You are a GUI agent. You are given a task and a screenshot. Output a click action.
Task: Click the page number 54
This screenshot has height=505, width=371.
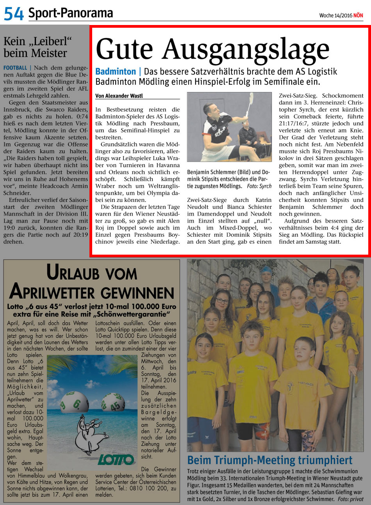pyautogui.click(x=14, y=14)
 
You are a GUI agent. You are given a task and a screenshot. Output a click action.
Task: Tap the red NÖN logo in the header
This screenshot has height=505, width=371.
pyautogui.click(x=358, y=16)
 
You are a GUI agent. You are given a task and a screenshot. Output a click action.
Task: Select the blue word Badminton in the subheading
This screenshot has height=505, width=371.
pyautogui.click(x=116, y=72)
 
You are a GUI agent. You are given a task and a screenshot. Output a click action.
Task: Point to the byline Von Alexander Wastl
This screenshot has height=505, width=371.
pyautogui.click(x=119, y=96)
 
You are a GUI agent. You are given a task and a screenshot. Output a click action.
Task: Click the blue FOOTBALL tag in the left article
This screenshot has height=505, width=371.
pyautogui.click(x=15, y=68)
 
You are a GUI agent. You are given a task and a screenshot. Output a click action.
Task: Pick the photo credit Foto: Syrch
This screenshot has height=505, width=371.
pyautogui.click(x=259, y=186)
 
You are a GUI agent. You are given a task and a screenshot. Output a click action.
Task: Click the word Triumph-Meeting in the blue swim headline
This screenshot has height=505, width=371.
pyautogui.click(x=285, y=460)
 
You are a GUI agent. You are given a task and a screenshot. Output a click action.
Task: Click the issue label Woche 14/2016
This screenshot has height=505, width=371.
pyautogui.click(x=335, y=16)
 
